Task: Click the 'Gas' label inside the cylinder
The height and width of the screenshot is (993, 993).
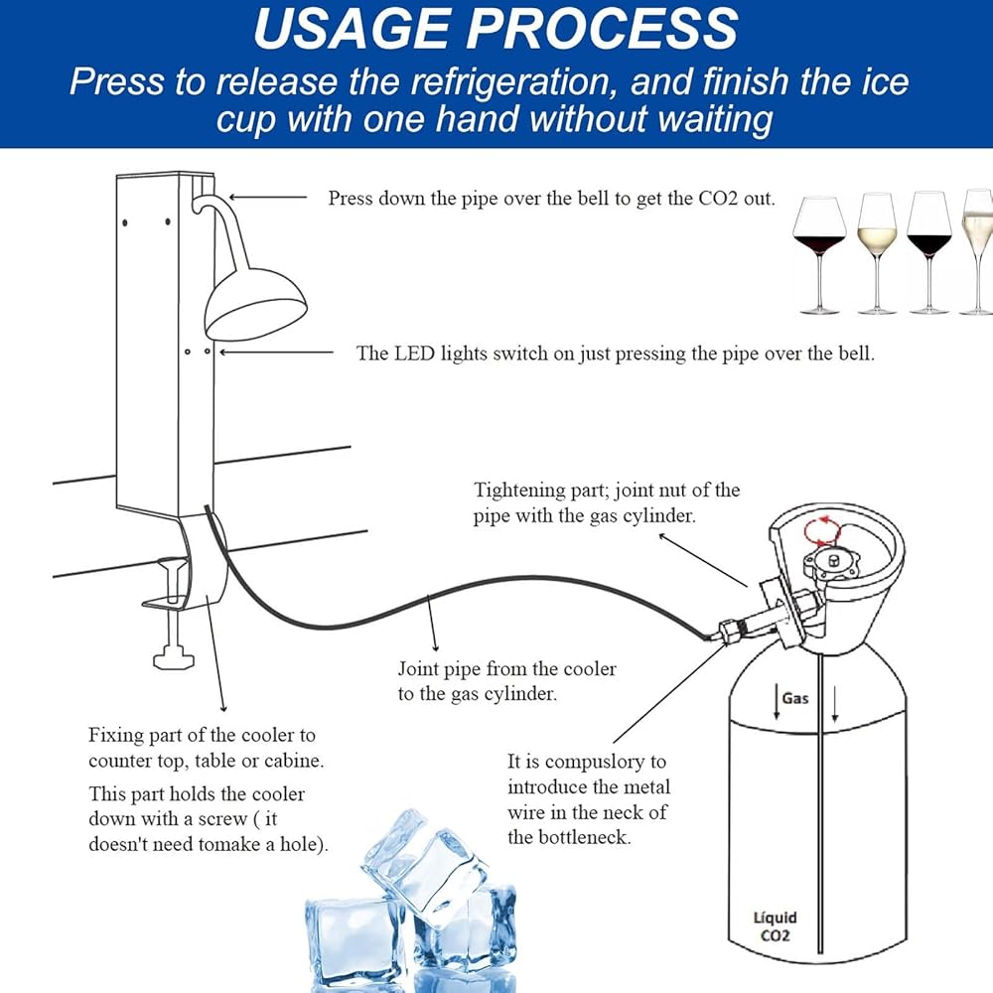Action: [793, 698]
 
